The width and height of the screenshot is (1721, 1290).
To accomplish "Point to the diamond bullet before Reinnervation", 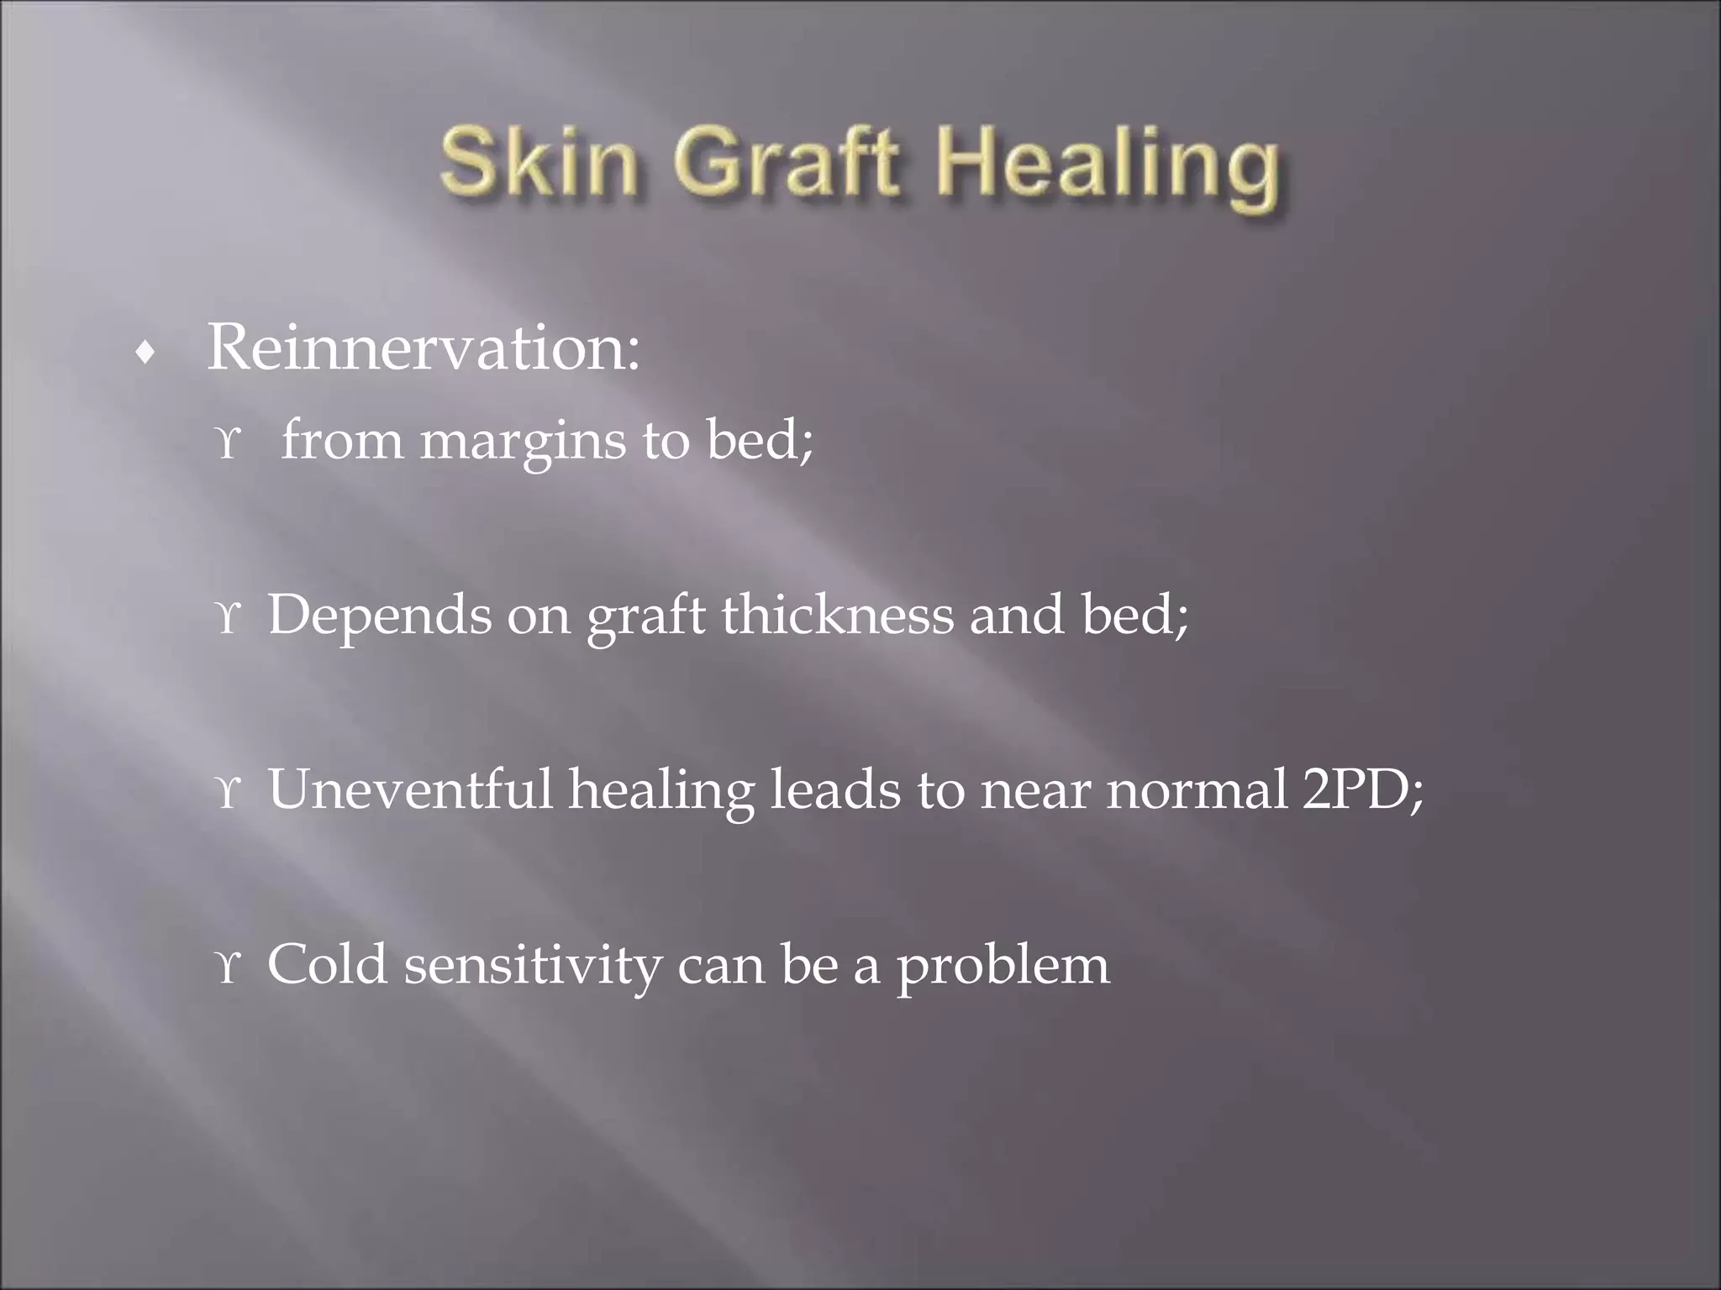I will point(146,354).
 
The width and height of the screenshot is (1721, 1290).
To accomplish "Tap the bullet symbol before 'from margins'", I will point(228,443).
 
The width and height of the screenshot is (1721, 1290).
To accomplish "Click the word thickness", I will point(838,614).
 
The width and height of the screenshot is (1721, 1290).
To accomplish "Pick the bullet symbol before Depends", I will point(228,617).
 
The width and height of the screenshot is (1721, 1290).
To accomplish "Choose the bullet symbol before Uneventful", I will point(228,792).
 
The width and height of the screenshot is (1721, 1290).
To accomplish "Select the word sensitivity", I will point(533,965).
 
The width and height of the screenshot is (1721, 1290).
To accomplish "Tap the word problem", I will point(1003,967).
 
